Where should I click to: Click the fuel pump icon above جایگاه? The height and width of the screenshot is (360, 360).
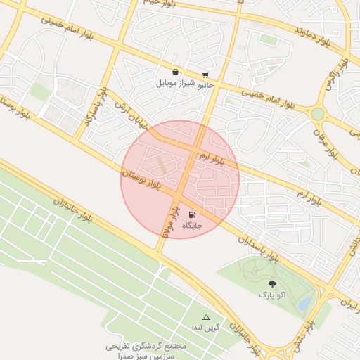[x=193, y=214]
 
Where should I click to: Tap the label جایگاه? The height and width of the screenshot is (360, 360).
[x=193, y=226]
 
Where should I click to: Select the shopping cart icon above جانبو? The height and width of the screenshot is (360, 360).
[x=205, y=73]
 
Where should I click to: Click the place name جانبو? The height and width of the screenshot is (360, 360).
[x=204, y=84]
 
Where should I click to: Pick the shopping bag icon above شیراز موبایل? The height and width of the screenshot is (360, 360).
[x=174, y=72]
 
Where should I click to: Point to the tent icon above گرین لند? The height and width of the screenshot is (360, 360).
[x=206, y=317]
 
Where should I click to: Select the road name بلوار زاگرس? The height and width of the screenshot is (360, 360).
[x=329, y=81]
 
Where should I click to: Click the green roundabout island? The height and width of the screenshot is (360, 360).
[x=318, y=113]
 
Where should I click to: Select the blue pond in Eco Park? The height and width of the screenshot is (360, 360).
[x=304, y=302]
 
